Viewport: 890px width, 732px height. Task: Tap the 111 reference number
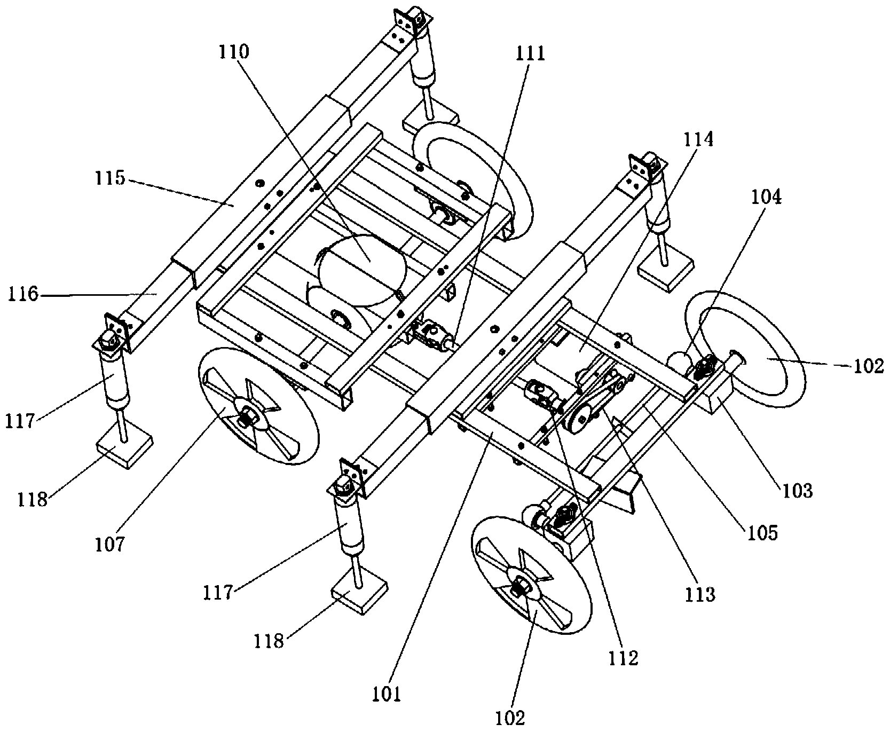point(530,53)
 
